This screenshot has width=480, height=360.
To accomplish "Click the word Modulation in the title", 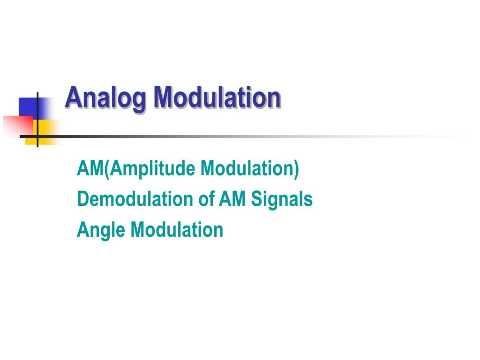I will tap(217, 97).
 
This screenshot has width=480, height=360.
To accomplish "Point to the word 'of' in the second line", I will tap(206, 199).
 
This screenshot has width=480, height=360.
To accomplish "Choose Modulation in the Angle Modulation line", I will tap(177, 230).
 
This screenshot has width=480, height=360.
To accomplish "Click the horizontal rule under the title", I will tap(234, 136).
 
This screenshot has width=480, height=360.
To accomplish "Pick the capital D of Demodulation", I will tap(82, 199).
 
